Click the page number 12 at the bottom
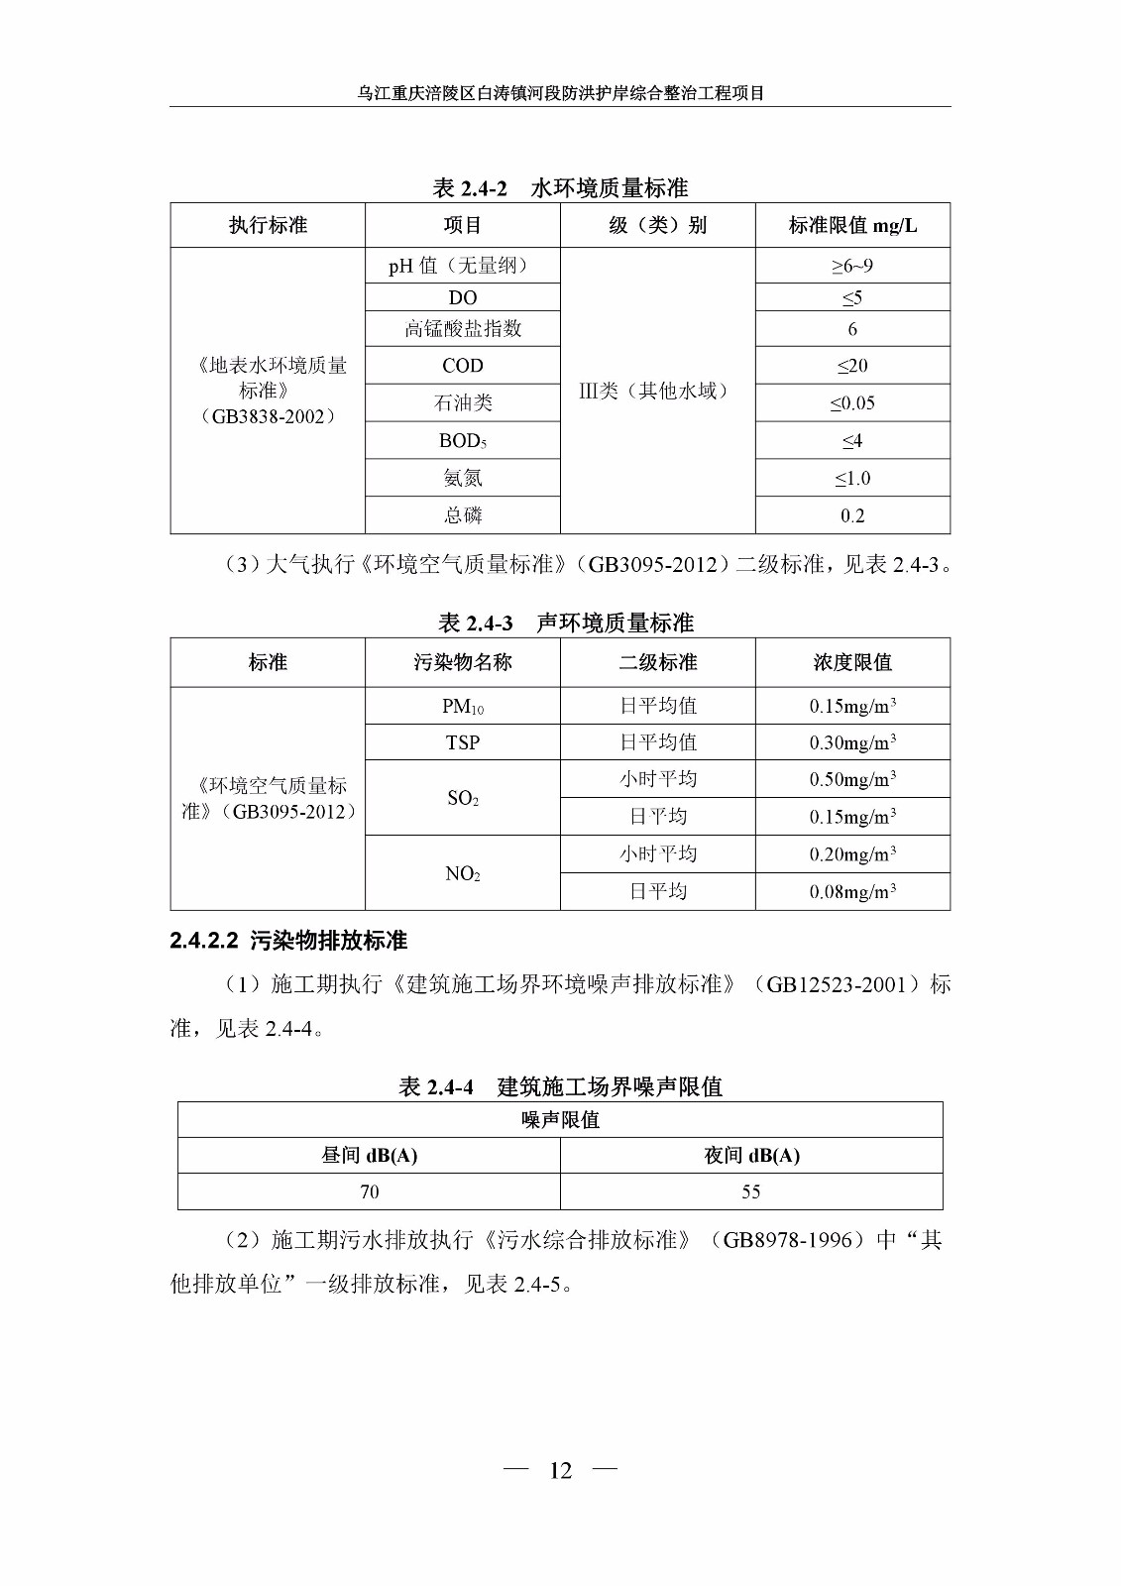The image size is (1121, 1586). coord(560,1470)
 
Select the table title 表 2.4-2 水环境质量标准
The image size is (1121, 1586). coord(560,188)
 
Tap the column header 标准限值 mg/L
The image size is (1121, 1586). coord(852,226)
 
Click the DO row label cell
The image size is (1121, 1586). coord(463,297)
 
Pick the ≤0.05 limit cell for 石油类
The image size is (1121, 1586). coord(852,403)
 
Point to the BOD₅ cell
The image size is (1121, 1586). coord(463,441)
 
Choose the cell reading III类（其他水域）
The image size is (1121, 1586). coord(657,391)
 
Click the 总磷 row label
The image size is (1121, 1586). coord(463,515)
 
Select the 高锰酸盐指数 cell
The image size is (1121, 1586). coord(463,329)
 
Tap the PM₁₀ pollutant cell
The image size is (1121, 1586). coord(463,706)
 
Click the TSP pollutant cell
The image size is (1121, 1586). coord(463,742)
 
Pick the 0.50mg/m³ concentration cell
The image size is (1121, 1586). coord(852,779)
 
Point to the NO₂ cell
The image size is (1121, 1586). coord(463,873)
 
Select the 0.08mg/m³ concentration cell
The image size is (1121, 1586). coord(852,892)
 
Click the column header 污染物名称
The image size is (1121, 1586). coord(463,662)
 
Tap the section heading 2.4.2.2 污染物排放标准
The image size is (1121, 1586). coord(288,941)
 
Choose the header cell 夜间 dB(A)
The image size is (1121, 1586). coord(751,1156)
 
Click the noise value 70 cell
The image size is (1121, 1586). coord(369,1192)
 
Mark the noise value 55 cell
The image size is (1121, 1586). coord(751,1192)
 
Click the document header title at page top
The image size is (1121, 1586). coord(560,93)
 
